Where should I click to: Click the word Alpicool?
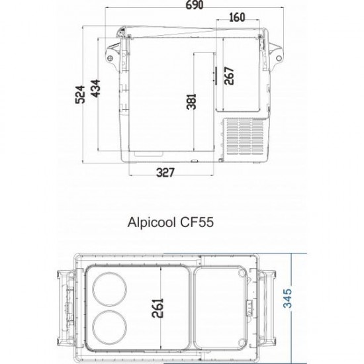click(151, 222)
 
